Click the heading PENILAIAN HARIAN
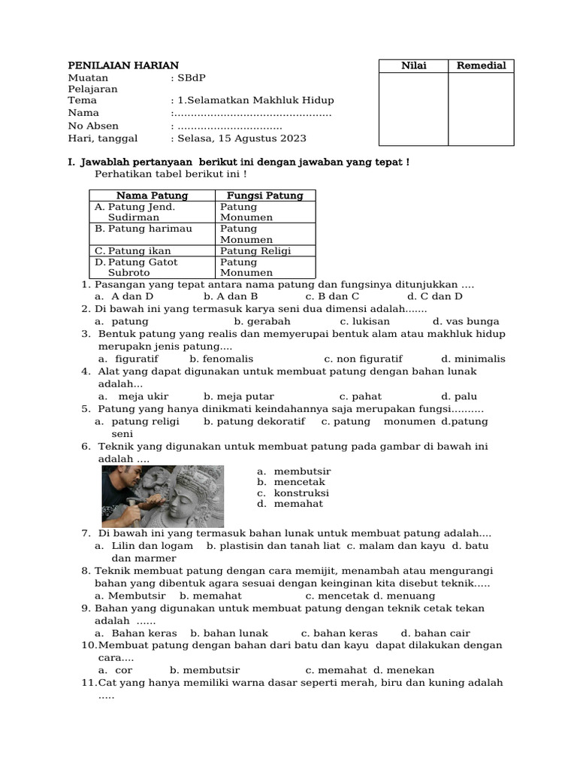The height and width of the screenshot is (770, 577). [x=123, y=65]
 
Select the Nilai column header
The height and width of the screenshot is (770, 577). [x=413, y=65]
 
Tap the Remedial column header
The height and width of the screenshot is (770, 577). [x=482, y=65]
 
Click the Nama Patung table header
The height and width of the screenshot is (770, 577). [x=153, y=196]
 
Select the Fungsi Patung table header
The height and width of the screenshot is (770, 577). [x=265, y=196]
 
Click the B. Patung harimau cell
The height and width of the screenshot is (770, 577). [x=143, y=229]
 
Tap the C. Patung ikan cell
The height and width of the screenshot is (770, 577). [x=133, y=250]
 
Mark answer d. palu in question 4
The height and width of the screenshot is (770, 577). [x=459, y=396]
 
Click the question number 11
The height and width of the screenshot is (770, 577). [x=89, y=683]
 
